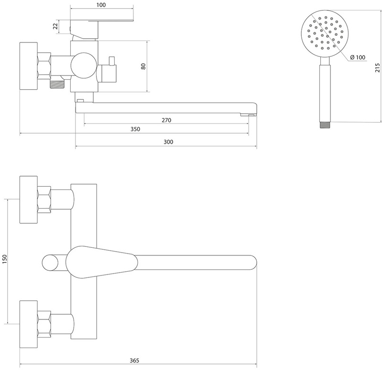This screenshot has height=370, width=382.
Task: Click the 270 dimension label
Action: coord(166,120)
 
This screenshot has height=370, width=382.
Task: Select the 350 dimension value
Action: coord(135,129)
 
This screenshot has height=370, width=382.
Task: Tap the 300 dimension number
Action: coord(168,142)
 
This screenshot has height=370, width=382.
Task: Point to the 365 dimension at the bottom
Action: coord(134,360)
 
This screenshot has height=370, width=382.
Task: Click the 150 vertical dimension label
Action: coord(5,259)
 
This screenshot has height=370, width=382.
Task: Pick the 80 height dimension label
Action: coord(143,66)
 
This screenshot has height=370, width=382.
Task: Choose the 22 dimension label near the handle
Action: coord(56,26)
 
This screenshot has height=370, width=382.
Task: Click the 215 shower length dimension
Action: coord(377,67)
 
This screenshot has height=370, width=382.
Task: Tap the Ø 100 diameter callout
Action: coord(358,57)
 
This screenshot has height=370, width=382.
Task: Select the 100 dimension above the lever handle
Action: coord(101,5)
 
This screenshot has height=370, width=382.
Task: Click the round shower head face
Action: coord(325,33)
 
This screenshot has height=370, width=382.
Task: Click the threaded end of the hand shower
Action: coord(325,125)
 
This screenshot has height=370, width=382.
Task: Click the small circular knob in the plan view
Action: coord(50,263)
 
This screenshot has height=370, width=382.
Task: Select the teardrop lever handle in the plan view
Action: coord(101,262)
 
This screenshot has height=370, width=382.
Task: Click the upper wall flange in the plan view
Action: coord(29,200)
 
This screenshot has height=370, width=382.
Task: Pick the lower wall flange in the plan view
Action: coord(29,324)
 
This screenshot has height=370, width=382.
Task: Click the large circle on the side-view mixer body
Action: coord(84,65)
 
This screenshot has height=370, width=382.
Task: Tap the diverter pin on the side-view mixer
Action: coord(112,61)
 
